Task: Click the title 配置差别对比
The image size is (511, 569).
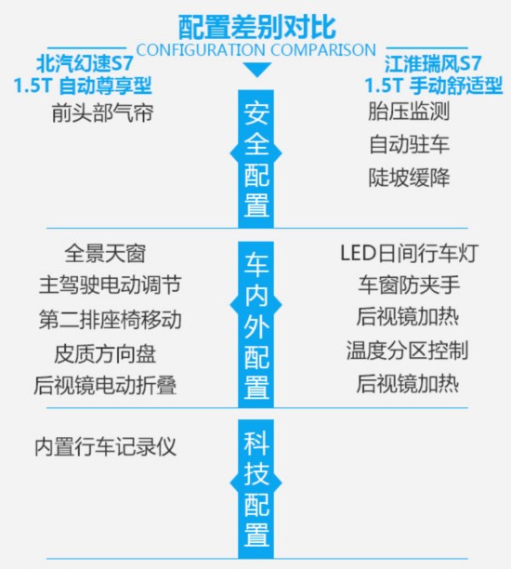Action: (x=256, y=27)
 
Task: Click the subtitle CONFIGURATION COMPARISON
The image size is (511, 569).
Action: (x=256, y=49)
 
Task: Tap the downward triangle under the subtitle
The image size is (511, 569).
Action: (x=256, y=70)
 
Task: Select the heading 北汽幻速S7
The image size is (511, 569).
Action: (x=85, y=64)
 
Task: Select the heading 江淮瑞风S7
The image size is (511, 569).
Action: (x=433, y=64)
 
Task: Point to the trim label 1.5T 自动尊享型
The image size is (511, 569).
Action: (x=83, y=86)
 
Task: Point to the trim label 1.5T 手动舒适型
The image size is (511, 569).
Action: (x=434, y=86)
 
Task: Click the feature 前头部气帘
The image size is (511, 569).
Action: (x=102, y=112)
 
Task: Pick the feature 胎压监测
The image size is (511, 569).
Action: (x=409, y=111)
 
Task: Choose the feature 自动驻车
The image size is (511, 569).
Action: (x=409, y=144)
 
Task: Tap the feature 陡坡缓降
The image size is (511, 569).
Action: (x=409, y=178)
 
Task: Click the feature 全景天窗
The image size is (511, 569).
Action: (x=105, y=253)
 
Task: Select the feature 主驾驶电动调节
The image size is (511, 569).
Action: (x=110, y=285)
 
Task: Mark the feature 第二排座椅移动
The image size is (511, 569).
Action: (x=110, y=320)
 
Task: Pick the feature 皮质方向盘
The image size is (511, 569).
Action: (x=105, y=354)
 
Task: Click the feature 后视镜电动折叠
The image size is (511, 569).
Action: (x=105, y=386)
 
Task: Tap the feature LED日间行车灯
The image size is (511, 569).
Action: (x=409, y=253)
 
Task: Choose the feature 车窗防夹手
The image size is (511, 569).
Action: (x=409, y=285)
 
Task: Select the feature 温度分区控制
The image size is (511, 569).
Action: (x=408, y=351)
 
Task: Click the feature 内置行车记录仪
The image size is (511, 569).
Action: (x=105, y=446)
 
